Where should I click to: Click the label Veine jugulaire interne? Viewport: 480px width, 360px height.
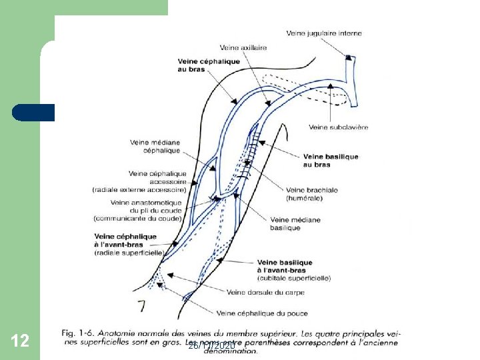pyautogui.click(x=324, y=33)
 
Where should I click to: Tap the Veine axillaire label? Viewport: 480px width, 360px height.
pyautogui.click(x=243, y=47)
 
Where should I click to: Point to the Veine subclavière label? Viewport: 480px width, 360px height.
pyautogui.click(x=339, y=127)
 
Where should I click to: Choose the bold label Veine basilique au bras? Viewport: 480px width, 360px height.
pyautogui.click(x=331, y=161)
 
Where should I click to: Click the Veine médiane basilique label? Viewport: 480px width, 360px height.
pyautogui.click(x=295, y=223)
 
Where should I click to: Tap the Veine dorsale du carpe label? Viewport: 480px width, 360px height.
pyautogui.click(x=265, y=292)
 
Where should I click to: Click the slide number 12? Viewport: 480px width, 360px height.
pyautogui.click(x=20, y=341)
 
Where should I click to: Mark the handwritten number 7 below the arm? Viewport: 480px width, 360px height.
pyautogui.click(x=141, y=306)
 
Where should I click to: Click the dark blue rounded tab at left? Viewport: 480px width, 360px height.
pyautogui.click(x=33, y=112)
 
